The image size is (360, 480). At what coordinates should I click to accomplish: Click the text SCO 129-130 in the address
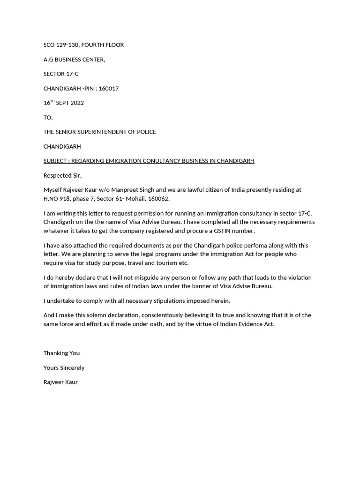pos(61,45)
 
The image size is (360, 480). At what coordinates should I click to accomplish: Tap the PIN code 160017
pos(109,89)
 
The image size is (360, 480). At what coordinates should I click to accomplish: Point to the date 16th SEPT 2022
pos(64,103)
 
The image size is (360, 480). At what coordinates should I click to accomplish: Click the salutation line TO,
pos(48,118)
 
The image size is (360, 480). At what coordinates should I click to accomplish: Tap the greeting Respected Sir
pos(62,176)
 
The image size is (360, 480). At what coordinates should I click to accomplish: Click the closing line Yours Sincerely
pos(64,368)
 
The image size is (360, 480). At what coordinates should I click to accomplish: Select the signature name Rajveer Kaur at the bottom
pos(60,382)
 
